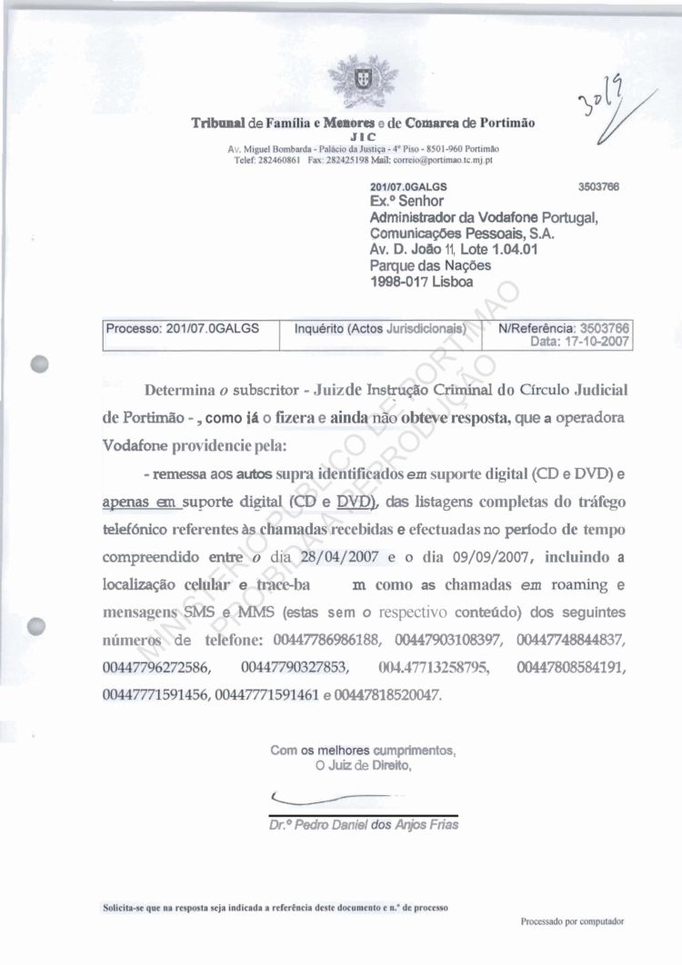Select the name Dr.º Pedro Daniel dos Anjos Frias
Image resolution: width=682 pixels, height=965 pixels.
(x=359, y=826)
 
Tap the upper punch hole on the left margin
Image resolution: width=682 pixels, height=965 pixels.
(x=38, y=360)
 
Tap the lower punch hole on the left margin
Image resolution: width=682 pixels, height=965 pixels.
(x=38, y=625)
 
